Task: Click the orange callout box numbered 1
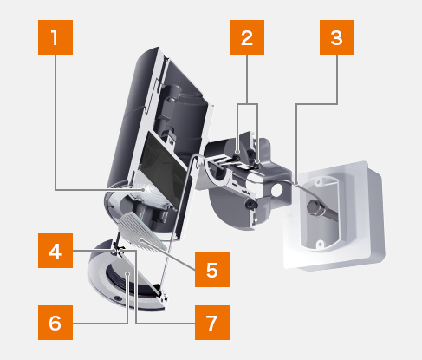tap(55, 37)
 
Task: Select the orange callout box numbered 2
tap(247, 37)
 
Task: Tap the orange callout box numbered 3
tap(337, 37)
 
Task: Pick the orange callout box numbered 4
tap(55, 251)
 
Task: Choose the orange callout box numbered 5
tap(212, 270)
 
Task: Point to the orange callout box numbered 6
tap(55, 323)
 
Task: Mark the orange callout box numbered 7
tap(212, 323)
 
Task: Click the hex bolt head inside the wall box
tap(314, 206)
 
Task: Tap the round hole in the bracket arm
tap(276, 190)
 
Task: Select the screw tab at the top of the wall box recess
tap(318, 182)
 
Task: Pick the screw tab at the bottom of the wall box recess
tap(320, 245)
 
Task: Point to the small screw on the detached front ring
tap(117, 298)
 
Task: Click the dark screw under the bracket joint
tap(251, 204)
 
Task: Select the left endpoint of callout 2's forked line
tap(237, 152)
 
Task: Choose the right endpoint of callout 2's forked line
tap(257, 162)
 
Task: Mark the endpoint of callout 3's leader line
tap(296, 183)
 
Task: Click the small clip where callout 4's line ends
tap(118, 251)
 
